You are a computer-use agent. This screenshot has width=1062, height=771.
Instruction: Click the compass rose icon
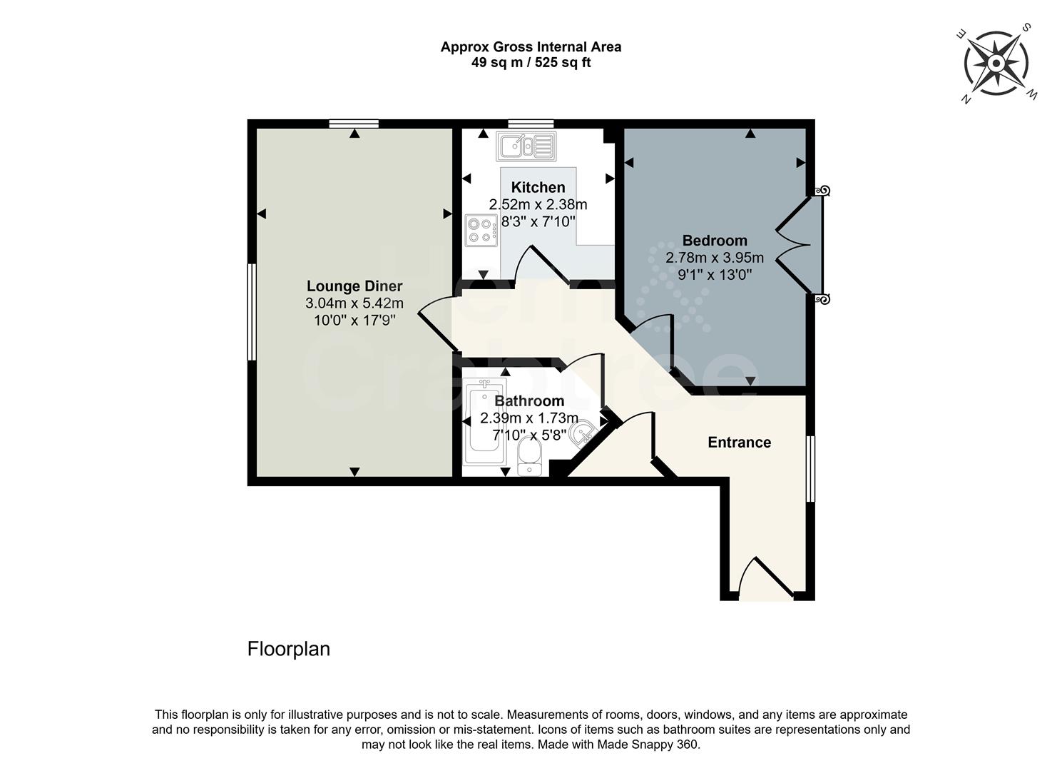tap(996, 64)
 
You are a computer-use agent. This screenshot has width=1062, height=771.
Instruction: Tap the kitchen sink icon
tap(526, 146)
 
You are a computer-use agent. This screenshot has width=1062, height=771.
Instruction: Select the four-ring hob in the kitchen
tap(481, 230)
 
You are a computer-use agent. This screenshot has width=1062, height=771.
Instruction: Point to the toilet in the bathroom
tap(530, 455)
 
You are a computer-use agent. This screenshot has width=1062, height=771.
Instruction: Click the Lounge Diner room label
tap(354, 286)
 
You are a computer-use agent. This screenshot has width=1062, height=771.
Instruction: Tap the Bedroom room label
tap(714, 241)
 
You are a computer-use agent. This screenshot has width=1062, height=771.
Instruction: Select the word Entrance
tap(739, 443)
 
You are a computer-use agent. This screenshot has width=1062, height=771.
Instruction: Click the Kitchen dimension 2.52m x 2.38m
tap(538, 205)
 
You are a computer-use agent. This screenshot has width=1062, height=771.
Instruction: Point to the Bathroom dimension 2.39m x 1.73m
tap(529, 418)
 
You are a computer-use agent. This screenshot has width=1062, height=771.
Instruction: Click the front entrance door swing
tap(765, 580)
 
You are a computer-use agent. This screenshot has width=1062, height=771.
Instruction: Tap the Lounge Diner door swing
tap(435, 322)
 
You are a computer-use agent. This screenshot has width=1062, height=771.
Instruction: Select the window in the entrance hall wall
tap(810, 469)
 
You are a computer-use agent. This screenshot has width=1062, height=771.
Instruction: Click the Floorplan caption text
tap(288, 649)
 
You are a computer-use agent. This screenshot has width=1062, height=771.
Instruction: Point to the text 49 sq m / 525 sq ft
tap(531, 63)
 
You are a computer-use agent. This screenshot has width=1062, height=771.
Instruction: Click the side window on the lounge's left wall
tap(251, 312)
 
